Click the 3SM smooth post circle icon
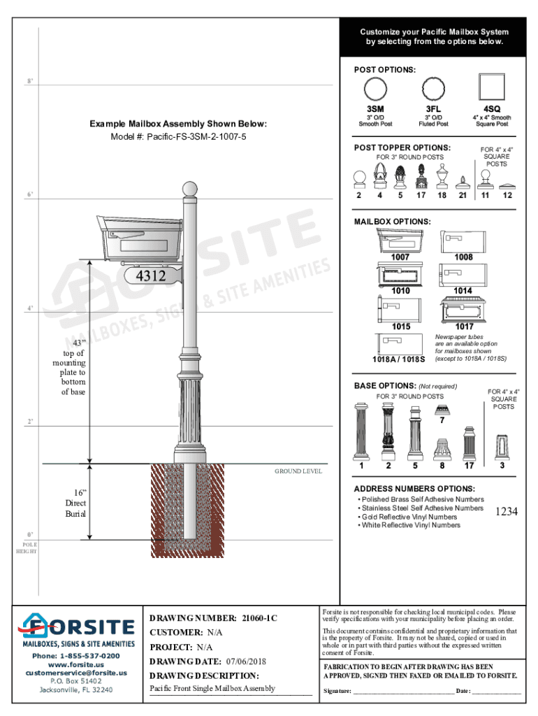[375, 89]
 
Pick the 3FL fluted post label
[433, 109]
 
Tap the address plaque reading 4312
[151, 276]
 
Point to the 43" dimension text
[78, 343]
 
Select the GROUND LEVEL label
[298, 471]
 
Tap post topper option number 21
[463, 195]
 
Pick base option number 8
[442, 465]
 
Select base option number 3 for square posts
[502, 465]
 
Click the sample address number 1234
[506, 512]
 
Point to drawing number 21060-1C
[260, 618]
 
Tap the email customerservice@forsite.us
[76, 673]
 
